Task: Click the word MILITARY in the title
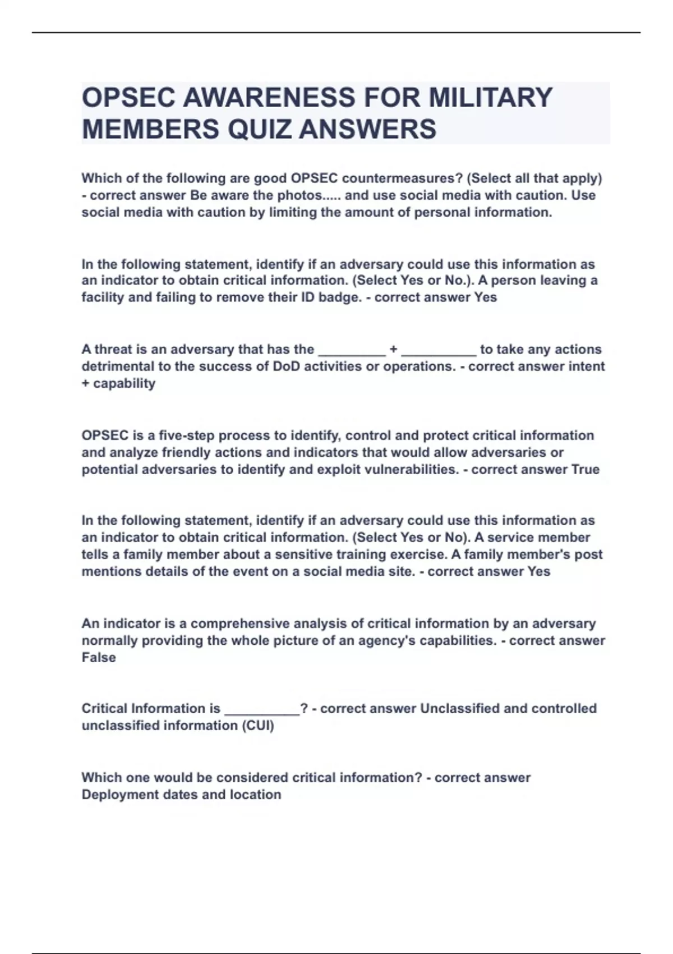490,97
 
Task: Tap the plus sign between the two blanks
393,349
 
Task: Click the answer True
585,469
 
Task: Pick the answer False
99,658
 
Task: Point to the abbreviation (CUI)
257,726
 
